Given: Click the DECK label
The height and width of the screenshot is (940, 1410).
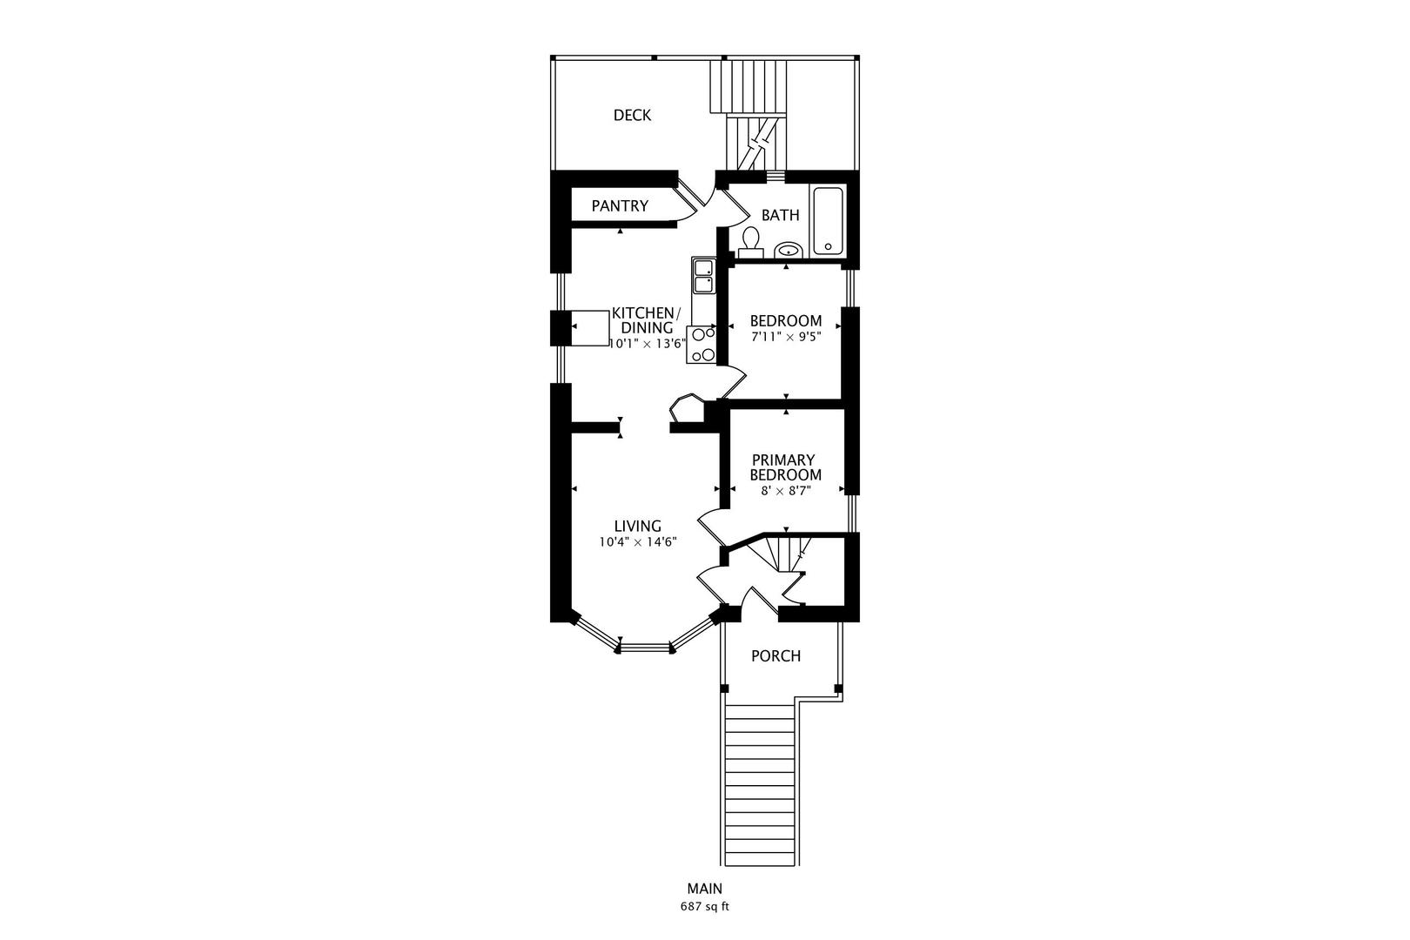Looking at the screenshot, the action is (x=632, y=115).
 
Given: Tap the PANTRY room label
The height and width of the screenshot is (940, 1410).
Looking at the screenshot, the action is (x=620, y=206).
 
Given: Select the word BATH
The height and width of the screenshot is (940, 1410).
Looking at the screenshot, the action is (x=781, y=215).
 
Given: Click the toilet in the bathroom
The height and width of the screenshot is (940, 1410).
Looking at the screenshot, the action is (x=750, y=242).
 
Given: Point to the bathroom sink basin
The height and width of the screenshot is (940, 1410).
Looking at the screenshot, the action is (x=788, y=251).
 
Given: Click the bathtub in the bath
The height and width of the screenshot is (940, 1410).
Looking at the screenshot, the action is (x=829, y=221).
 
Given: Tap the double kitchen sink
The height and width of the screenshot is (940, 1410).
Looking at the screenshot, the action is (x=703, y=276).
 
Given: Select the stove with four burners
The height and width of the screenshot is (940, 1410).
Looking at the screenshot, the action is (x=702, y=345).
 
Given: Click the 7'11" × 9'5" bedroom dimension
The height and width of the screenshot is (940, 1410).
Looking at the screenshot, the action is (x=786, y=337).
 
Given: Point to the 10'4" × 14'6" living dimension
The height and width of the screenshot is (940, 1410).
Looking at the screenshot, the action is (x=638, y=542).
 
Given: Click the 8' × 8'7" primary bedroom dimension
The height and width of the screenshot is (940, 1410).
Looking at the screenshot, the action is (x=786, y=491).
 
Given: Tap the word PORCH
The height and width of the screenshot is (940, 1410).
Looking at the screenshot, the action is (x=776, y=656).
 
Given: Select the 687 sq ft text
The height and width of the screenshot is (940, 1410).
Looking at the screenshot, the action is (x=704, y=907).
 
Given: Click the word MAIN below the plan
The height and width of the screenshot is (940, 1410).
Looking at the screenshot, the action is (x=705, y=889).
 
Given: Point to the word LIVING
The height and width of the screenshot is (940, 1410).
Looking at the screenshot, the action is (x=638, y=526).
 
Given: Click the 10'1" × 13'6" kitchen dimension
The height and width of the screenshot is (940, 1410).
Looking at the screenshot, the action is (x=648, y=344).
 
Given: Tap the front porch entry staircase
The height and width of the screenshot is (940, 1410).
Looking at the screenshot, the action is (x=761, y=785).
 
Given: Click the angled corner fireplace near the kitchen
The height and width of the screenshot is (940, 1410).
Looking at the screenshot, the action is (x=688, y=408).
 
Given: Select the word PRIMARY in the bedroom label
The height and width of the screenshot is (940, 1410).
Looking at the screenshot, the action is (x=783, y=460).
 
